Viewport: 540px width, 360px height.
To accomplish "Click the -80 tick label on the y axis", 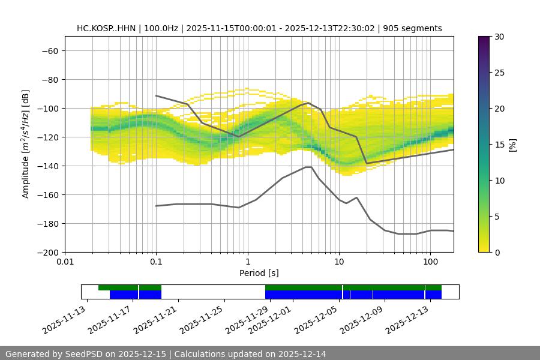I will (49, 79).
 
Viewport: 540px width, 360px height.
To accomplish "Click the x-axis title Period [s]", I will (259, 273).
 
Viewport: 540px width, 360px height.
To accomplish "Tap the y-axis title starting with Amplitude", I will (25, 144).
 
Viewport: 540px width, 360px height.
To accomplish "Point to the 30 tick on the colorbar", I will (499, 37).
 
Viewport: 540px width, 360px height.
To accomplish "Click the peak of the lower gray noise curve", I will (308, 167).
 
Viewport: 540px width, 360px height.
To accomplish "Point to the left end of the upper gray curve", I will (156, 96).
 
